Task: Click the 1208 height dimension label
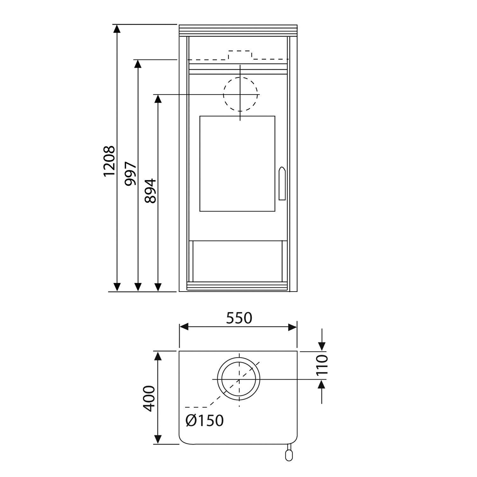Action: pos(109,161)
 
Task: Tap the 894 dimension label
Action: pos(150,191)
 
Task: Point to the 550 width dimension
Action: pos(239,318)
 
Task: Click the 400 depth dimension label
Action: pos(149,398)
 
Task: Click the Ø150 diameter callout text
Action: pos(205,420)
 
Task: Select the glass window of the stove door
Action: pos(237,163)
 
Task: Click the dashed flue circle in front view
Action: pos(240,94)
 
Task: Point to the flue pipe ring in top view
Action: pos(238,379)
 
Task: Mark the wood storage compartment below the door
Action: pos(237,260)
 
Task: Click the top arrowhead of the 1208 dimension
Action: pos(117,29)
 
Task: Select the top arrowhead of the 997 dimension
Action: pos(138,64)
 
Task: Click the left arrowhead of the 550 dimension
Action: pos(184,327)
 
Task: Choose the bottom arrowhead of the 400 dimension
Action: pos(158,439)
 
